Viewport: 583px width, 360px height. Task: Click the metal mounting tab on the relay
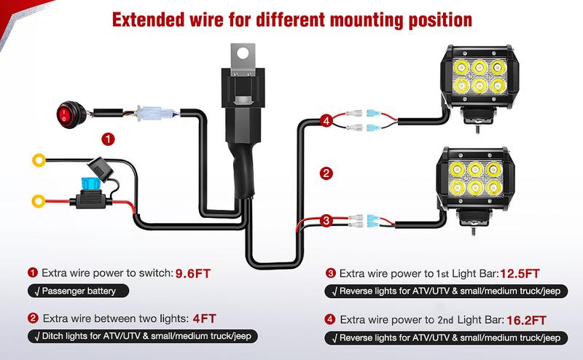coord(243,54)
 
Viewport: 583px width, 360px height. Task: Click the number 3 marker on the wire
coord(326,221)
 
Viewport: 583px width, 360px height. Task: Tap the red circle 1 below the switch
coord(108,138)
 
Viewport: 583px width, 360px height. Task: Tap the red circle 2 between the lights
coord(326,173)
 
